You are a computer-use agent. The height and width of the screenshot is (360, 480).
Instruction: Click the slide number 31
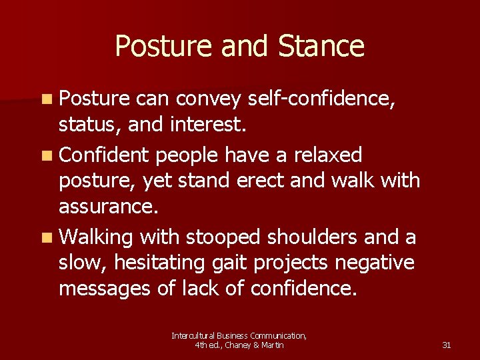click(x=447, y=345)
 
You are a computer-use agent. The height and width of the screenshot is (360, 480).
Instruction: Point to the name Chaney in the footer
click(x=239, y=345)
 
